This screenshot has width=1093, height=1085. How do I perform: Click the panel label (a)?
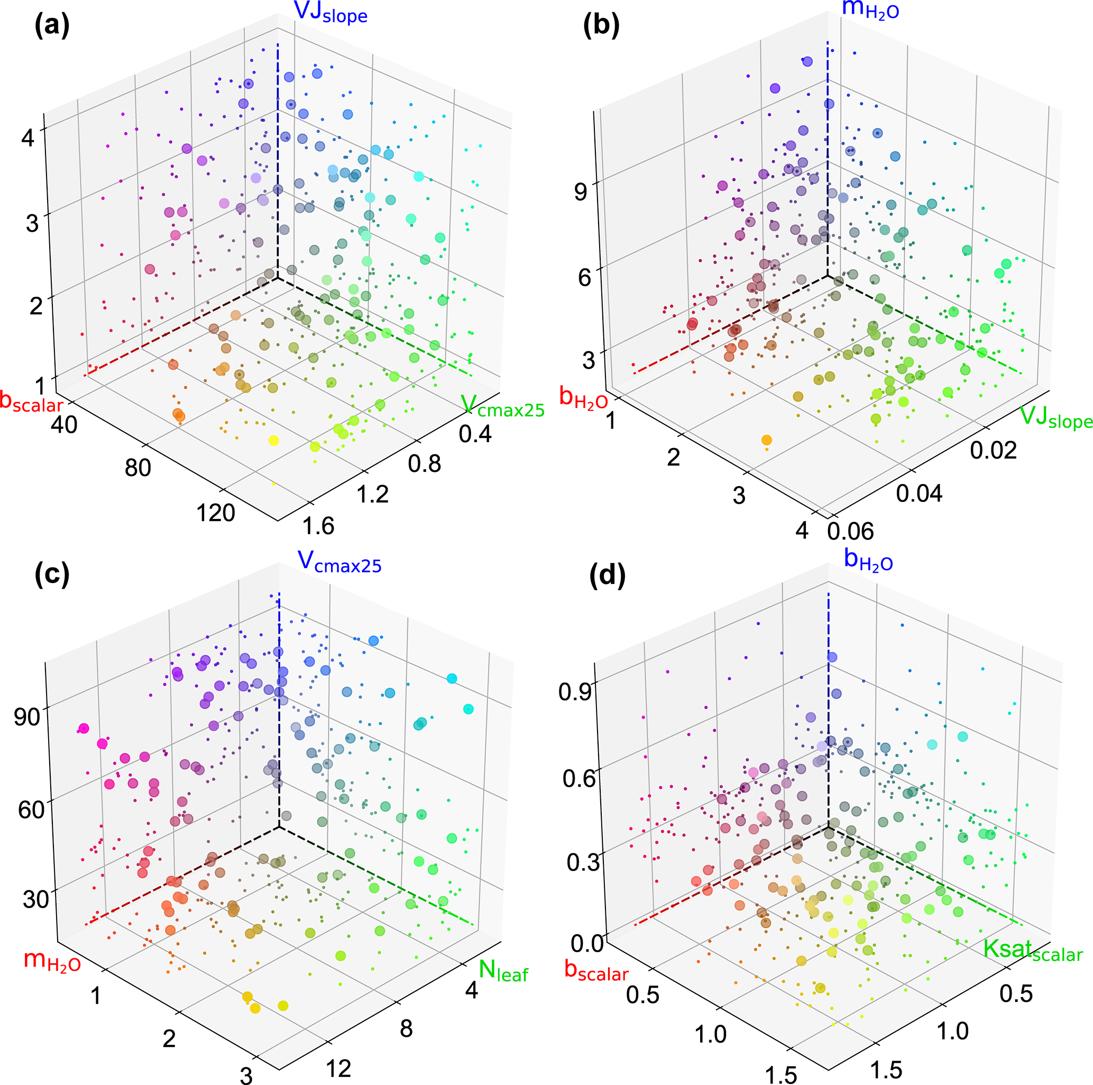(x=51, y=26)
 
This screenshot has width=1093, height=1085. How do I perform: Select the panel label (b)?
(x=601, y=26)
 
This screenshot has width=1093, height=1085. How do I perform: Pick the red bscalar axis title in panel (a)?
(x=31, y=402)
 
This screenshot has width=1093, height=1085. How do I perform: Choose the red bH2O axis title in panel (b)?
(x=583, y=398)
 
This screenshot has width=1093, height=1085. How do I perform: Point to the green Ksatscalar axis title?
(x=1033, y=950)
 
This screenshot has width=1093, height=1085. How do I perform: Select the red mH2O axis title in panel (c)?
(x=52, y=961)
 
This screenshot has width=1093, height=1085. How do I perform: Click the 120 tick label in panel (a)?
(x=216, y=513)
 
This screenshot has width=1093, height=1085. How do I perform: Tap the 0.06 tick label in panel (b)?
(x=850, y=531)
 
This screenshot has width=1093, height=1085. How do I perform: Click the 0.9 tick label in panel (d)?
(x=575, y=691)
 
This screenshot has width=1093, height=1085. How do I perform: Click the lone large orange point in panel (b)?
(x=767, y=440)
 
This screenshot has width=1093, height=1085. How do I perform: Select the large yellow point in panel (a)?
(x=273, y=440)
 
